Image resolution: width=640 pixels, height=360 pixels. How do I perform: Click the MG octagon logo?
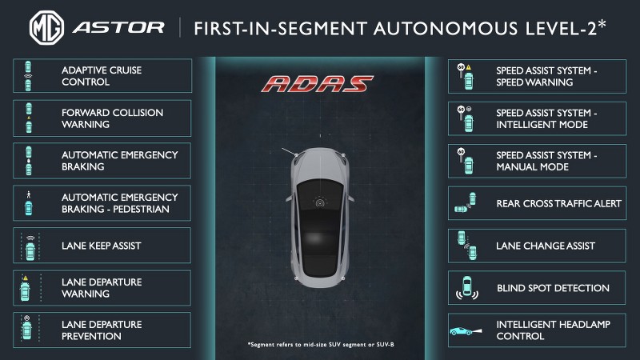click(47, 27)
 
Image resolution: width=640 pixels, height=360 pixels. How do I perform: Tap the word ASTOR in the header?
click(118, 27)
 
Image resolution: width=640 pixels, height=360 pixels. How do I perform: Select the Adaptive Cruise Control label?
click(102, 76)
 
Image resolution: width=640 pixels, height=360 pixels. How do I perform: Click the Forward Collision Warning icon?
click(30, 118)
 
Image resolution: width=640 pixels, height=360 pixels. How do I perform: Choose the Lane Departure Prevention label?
click(102, 330)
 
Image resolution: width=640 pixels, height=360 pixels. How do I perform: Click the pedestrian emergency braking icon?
click(30, 203)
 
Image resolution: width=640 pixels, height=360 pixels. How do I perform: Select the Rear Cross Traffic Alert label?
click(558, 204)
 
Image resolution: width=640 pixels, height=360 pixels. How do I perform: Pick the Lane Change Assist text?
click(546, 246)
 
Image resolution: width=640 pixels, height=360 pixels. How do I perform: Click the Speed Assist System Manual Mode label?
click(546, 161)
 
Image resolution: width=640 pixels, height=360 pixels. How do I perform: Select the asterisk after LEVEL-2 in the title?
click(601, 24)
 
